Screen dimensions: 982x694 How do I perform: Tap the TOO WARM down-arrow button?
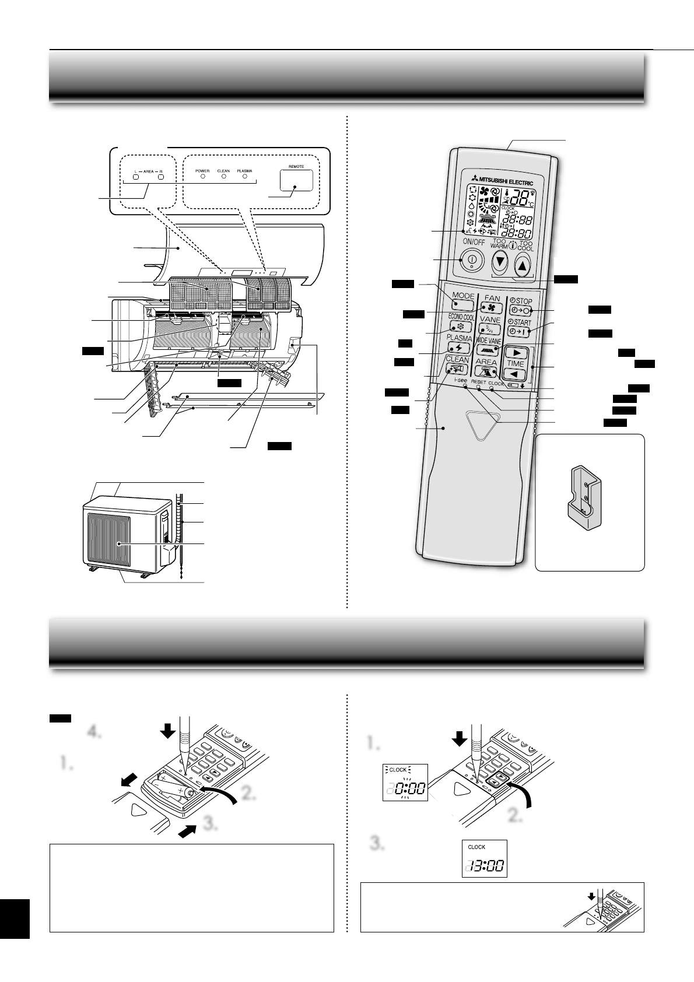pos(499,263)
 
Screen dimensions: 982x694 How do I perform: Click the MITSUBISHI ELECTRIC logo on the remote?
pos(499,181)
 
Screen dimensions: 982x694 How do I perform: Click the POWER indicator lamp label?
pos(202,171)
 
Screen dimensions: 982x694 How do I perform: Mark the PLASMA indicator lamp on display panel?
pos(245,176)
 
